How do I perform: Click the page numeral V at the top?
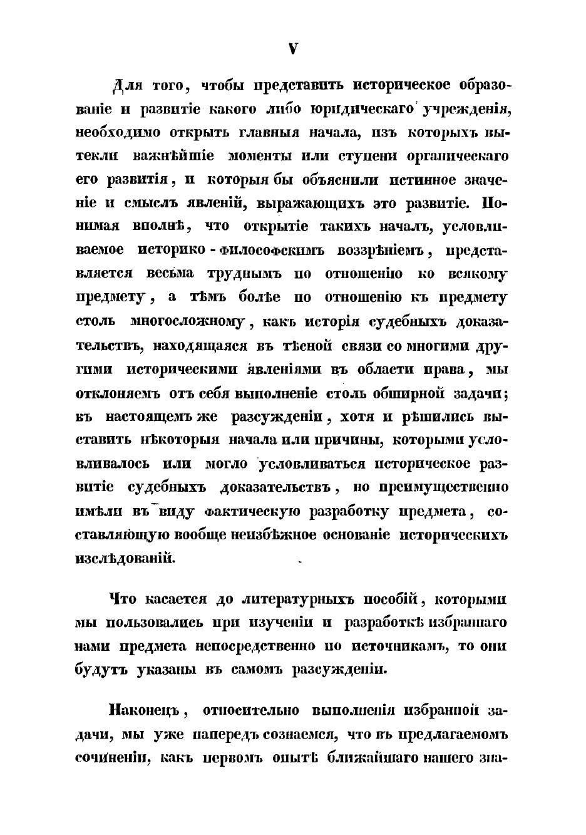click(x=292, y=49)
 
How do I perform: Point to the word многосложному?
click(x=188, y=323)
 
